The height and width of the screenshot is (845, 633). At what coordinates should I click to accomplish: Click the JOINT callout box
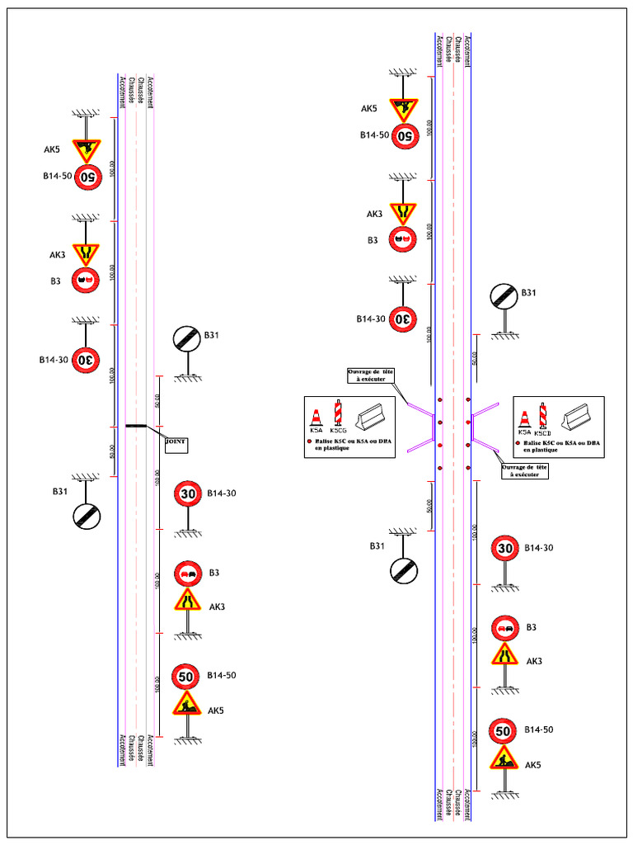(x=176, y=444)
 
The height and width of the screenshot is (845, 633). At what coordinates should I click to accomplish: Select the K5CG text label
(x=338, y=431)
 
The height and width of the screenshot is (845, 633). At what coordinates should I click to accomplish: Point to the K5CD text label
(x=542, y=432)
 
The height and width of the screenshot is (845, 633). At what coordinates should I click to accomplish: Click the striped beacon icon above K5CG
(x=337, y=413)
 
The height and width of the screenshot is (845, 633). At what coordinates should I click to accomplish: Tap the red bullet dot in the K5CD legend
(x=517, y=444)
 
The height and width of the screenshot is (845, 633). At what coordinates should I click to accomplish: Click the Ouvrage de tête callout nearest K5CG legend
(x=371, y=375)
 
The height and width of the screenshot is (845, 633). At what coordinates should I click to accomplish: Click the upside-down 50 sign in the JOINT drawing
(x=87, y=176)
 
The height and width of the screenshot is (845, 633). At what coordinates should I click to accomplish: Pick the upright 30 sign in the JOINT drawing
(x=188, y=493)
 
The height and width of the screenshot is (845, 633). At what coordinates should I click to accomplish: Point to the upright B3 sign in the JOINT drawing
(x=188, y=573)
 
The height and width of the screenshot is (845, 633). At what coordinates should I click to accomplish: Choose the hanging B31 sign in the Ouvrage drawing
(x=404, y=568)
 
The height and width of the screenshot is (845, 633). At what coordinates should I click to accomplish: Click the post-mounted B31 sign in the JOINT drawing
(x=186, y=338)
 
